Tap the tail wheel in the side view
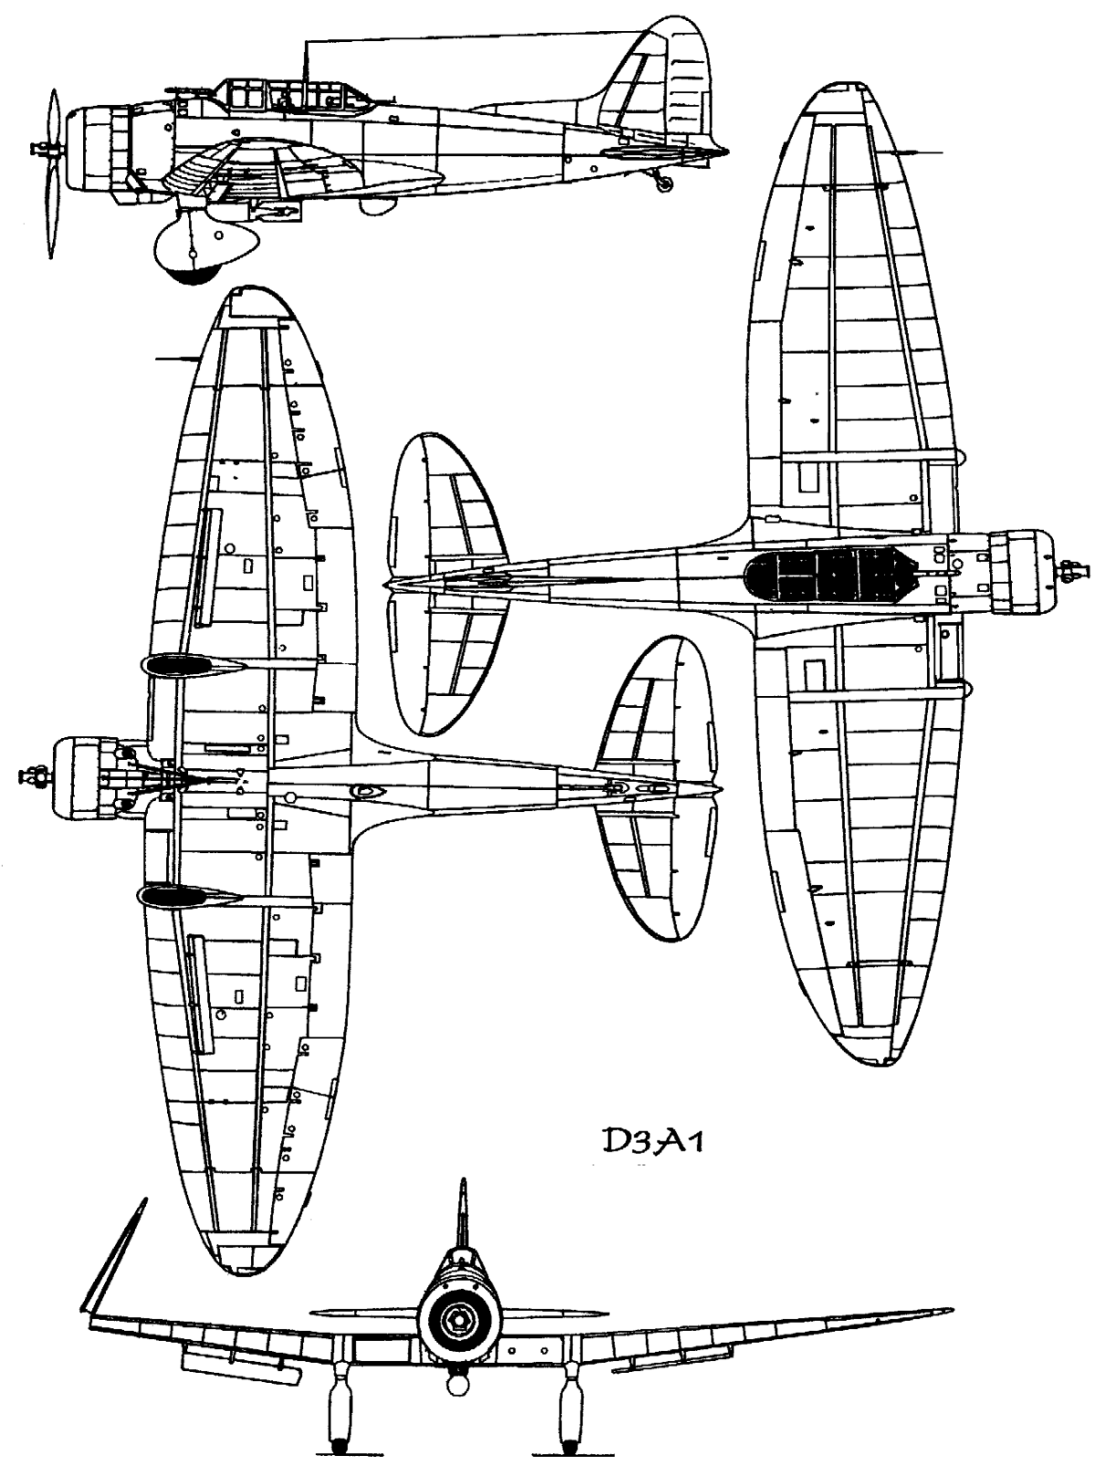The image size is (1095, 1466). [x=665, y=185]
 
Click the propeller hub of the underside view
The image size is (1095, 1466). [x=35, y=776]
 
